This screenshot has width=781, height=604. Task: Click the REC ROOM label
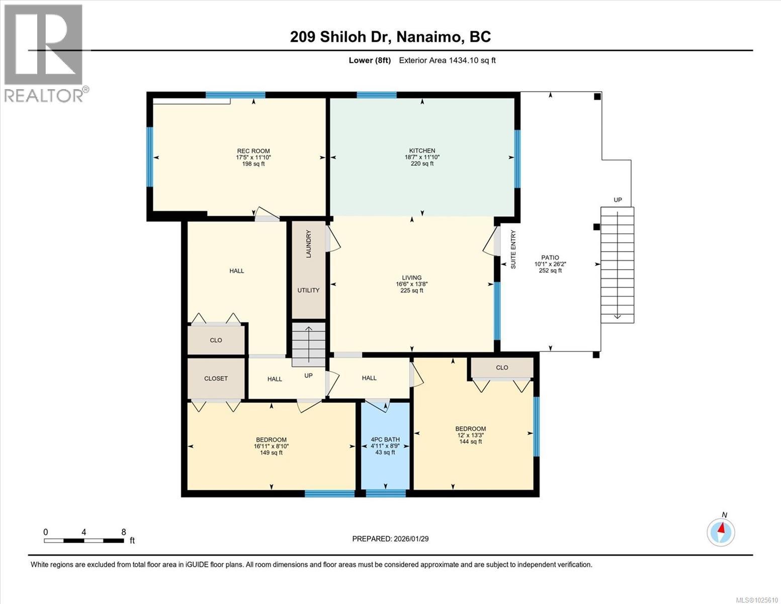(x=253, y=151)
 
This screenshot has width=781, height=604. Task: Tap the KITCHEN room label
(x=422, y=150)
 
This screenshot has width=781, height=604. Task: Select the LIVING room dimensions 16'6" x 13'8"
(x=411, y=284)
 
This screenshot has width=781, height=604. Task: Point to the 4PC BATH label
(x=385, y=439)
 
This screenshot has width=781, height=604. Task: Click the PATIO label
(x=550, y=258)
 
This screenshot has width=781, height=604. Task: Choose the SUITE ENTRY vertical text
(x=513, y=249)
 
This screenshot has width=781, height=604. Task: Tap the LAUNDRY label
(x=309, y=244)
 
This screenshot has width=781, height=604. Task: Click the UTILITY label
(x=308, y=290)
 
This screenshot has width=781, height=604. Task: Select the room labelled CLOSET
(x=216, y=379)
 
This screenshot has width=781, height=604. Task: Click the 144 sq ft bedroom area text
(x=470, y=442)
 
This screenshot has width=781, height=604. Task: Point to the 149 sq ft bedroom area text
(x=271, y=452)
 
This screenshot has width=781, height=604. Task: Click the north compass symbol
(x=721, y=532)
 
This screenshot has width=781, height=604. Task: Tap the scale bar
(x=84, y=541)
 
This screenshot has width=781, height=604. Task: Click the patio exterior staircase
(x=617, y=265)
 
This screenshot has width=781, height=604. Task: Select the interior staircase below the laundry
(x=309, y=344)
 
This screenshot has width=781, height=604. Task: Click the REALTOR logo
(x=44, y=53)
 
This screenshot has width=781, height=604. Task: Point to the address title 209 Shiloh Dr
(x=390, y=37)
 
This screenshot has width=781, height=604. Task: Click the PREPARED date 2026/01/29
(x=390, y=539)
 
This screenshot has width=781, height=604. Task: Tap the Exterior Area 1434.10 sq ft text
(x=447, y=60)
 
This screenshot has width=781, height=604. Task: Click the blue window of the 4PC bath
(x=386, y=493)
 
